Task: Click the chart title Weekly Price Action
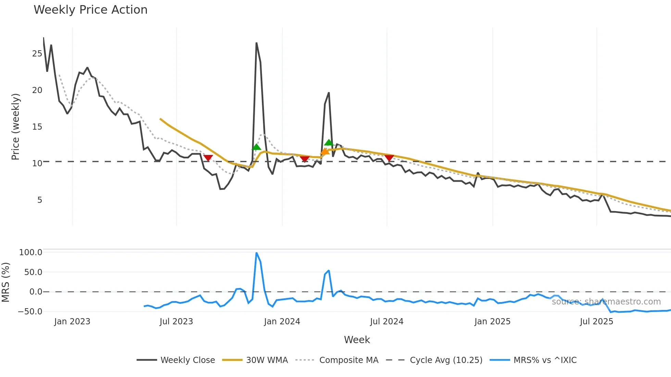(x=90, y=10)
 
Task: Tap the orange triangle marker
(x=325, y=152)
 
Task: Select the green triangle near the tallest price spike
(x=256, y=147)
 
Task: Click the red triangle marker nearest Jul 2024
(x=389, y=158)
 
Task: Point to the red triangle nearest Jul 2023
(x=208, y=158)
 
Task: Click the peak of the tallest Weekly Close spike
(x=256, y=43)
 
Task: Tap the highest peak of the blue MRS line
(x=256, y=253)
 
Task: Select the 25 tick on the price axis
(x=37, y=54)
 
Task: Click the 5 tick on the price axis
(x=40, y=200)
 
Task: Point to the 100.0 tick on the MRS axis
(x=30, y=252)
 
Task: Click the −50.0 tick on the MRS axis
(x=30, y=311)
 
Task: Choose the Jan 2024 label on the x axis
(x=282, y=322)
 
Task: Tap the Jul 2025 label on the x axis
(x=596, y=322)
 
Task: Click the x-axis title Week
(x=357, y=340)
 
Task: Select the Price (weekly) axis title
(x=15, y=127)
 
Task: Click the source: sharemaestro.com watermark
(x=606, y=302)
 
